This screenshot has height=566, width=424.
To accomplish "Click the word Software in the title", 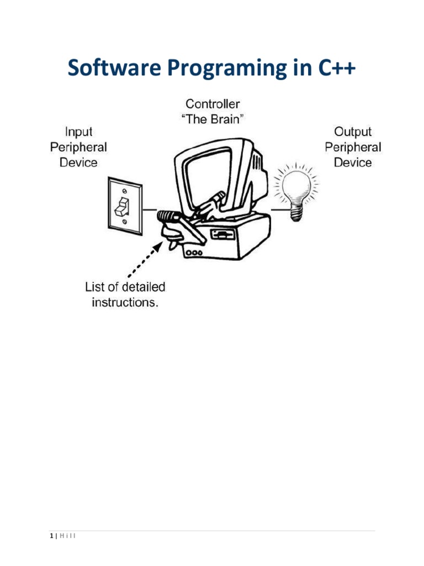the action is point(114,67).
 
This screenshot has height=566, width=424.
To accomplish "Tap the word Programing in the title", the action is point(227,69).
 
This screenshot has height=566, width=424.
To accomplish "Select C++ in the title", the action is point(337,67).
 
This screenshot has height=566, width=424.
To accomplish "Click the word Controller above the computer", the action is point(213,104).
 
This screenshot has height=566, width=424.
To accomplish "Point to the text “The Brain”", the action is point(213,119).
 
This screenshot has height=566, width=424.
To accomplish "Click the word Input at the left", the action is point(78,132).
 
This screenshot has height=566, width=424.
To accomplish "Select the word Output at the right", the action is point(353,132).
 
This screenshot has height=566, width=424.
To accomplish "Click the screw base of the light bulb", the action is point(296,212).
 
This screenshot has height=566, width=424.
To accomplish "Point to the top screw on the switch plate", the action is point(125,191).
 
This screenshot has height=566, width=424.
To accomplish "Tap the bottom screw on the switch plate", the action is point(124,222).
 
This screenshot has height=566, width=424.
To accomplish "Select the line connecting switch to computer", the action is point(150,209).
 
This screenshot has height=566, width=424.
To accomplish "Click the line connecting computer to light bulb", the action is point(280,209).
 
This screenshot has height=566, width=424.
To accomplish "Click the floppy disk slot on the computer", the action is point(222,234).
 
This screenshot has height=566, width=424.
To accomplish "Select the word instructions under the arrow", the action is point(125,302).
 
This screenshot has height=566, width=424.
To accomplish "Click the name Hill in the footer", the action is point(68,536).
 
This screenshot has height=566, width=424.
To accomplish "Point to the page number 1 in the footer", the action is point(51,536).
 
